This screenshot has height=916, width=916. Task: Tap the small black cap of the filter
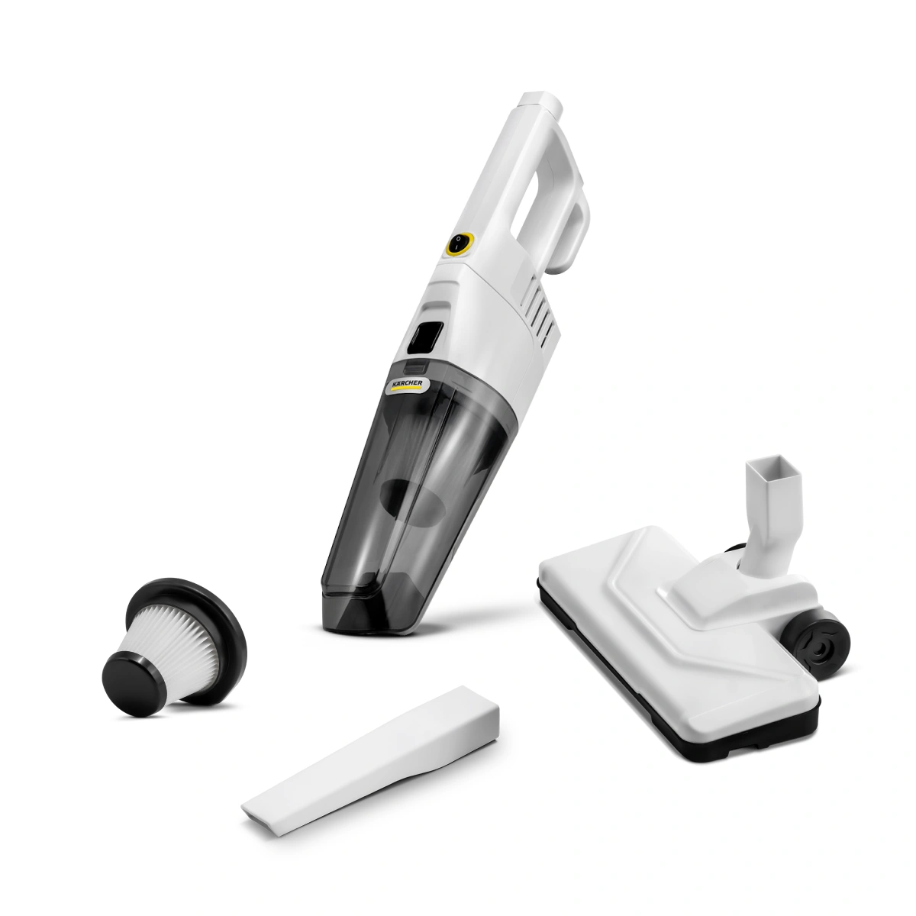tap(131, 682)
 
